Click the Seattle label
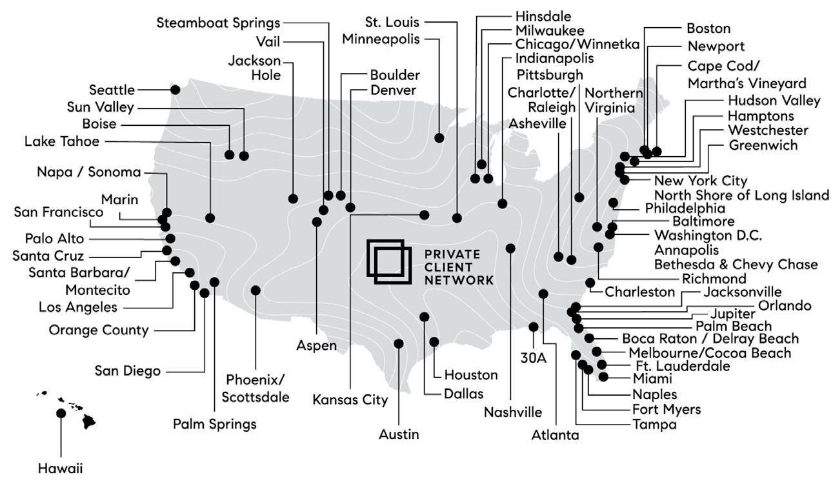coord(112,90)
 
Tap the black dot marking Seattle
coord(175,90)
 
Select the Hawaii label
coord(60,468)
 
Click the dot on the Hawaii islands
coord(61,413)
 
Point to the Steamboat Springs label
coord(218,23)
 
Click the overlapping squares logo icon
coord(389,262)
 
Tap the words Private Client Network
coord(459,267)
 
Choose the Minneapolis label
coord(381,39)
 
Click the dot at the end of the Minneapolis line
coord(439,138)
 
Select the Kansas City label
coord(350,400)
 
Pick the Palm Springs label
coord(215,424)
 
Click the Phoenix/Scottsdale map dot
coord(256,290)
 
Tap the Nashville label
coord(513,412)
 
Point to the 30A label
coord(533,358)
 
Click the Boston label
coord(708,28)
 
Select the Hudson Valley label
coord(774,101)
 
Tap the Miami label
coord(652,379)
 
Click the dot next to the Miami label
coord(603,377)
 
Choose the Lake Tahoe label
coord(62,141)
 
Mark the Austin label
coord(399,434)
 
